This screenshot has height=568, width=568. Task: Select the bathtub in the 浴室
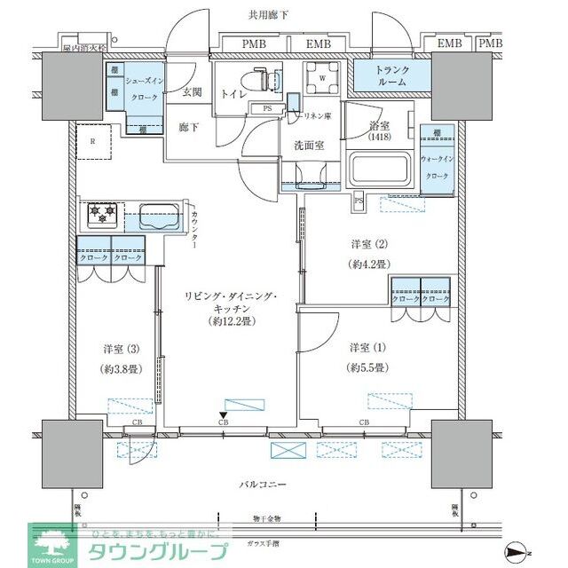[x=378, y=169]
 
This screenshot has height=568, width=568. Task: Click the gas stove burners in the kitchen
[x=101, y=214]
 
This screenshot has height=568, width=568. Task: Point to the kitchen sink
[x=158, y=217]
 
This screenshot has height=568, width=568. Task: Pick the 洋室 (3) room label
[x=113, y=349]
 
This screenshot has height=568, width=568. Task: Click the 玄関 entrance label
[x=193, y=92]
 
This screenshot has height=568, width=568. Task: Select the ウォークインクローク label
[x=443, y=167]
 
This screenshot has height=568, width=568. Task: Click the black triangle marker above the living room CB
[x=225, y=413]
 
